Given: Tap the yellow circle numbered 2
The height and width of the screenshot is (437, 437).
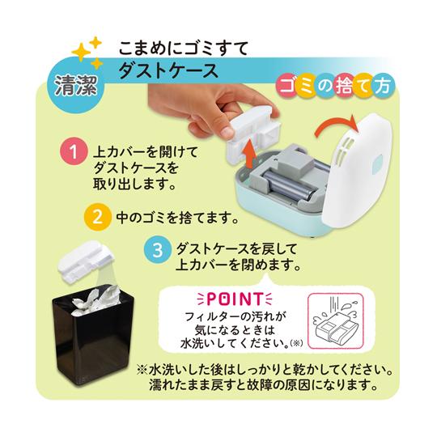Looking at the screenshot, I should (x=95, y=217).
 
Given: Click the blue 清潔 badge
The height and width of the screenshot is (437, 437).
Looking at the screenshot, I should (x=74, y=86).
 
